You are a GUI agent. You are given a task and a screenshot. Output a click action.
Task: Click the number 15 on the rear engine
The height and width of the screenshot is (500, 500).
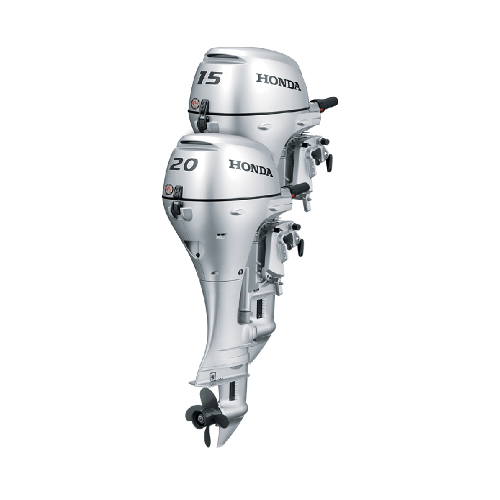click(x=209, y=78)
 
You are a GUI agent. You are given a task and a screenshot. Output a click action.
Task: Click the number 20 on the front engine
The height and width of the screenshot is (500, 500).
click(x=183, y=164)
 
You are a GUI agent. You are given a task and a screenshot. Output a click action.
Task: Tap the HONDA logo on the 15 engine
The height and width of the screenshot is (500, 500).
click(x=278, y=82)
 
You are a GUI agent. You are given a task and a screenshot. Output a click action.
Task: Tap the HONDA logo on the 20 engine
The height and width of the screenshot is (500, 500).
click(x=251, y=168)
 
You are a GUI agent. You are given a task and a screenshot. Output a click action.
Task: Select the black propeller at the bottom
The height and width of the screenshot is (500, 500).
click(x=206, y=416)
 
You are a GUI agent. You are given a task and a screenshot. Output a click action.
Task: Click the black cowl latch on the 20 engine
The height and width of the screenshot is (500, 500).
click(x=177, y=200)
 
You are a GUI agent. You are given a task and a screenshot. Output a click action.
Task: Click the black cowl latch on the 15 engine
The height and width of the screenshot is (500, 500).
click(x=204, y=114)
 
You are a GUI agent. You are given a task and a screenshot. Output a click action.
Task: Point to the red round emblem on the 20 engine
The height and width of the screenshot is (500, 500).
click(x=169, y=189)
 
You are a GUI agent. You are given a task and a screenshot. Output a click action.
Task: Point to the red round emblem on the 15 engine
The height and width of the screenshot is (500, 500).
click(x=195, y=104)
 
